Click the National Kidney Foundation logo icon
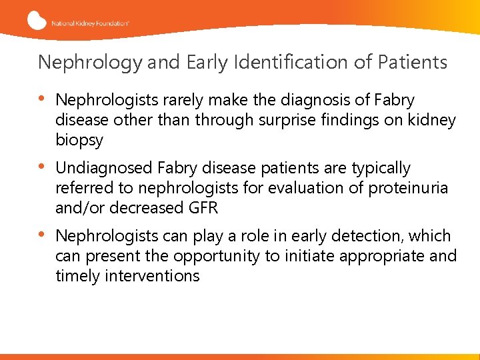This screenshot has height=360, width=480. [x=37, y=20]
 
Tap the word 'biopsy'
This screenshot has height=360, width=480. [x=79, y=141]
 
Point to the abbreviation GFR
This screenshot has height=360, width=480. [x=203, y=208]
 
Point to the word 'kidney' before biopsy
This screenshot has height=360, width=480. [x=431, y=121]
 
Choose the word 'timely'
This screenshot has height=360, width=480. [x=77, y=276]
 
